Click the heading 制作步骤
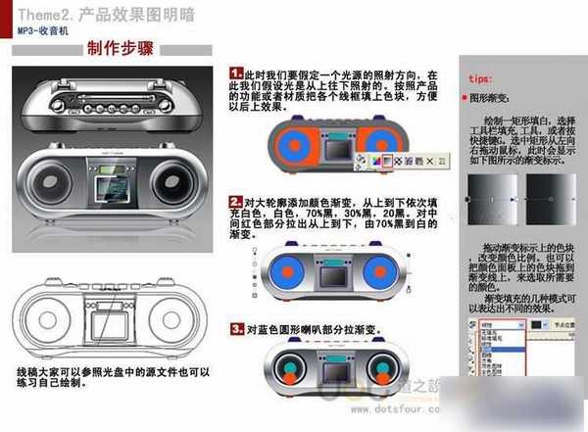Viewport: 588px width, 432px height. [120, 48]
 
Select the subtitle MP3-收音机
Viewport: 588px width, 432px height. [41, 30]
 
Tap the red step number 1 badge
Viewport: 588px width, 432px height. [235, 73]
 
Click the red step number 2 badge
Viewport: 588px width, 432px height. [235, 199]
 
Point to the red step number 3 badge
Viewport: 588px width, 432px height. [235, 329]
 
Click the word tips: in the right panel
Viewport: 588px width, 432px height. [480, 76]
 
